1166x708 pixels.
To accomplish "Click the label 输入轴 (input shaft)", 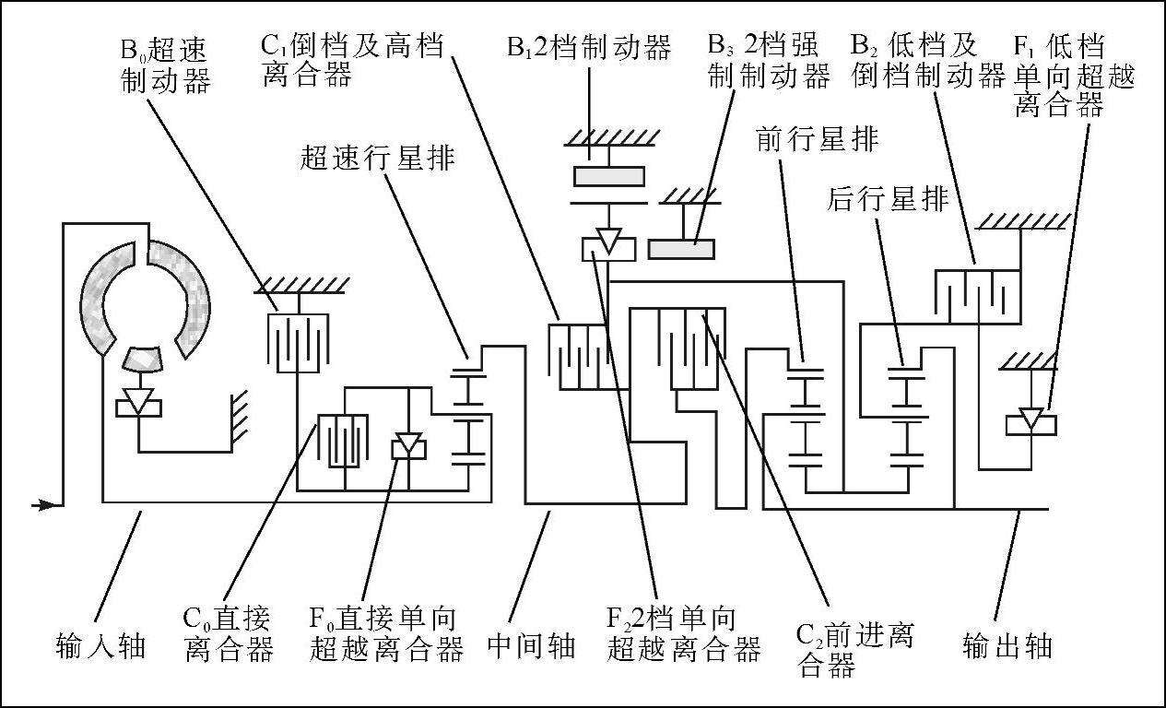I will point(100,645).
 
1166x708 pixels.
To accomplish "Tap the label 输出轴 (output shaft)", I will point(1007,645).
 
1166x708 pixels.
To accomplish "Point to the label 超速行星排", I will point(377,158).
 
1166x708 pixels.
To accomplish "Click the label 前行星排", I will point(817,139).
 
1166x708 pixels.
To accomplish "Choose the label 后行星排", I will point(888,199).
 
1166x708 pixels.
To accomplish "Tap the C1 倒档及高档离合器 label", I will point(353,59).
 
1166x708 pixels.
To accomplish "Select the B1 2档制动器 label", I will point(589,47).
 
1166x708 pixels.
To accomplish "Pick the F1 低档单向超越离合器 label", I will point(1073,77).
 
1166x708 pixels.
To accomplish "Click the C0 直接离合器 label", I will point(229,633).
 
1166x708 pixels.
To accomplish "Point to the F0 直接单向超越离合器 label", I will point(385,633).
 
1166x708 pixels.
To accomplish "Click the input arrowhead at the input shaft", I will point(42,504).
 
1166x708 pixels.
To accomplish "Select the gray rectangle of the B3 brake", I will point(681,249).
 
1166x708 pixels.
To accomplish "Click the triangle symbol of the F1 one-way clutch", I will point(1031,419).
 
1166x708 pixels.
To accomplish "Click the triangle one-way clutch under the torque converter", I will point(137,402).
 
